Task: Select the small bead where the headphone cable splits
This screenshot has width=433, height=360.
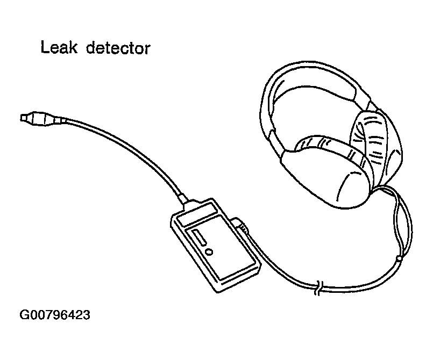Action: (399, 260)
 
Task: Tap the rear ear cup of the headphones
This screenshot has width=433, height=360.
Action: (379, 145)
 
